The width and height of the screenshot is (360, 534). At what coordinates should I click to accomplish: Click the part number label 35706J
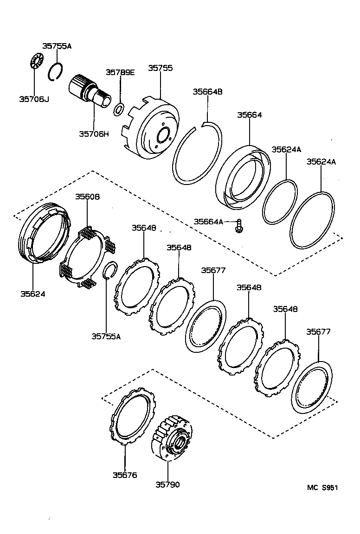(x=33, y=98)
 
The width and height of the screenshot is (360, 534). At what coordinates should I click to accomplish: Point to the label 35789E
(x=120, y=72)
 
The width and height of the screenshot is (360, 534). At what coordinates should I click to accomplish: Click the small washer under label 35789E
(x=119, y=109)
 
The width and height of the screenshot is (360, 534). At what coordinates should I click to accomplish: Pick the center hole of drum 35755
(x=163, y=136)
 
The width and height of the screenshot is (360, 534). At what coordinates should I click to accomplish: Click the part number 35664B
(x=208, y=92)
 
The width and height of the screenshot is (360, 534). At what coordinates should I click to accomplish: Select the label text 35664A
(x=208, y=222)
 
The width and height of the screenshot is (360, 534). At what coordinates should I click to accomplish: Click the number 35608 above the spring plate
(x=88, y=197)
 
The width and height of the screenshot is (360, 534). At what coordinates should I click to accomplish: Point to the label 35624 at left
(x=33, y=293)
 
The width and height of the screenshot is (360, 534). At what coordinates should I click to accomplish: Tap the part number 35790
(x=167, y=484)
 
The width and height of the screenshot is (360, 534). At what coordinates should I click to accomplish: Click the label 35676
(x=125, y=475)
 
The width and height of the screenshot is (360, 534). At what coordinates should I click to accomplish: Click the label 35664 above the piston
(x=250, y=114)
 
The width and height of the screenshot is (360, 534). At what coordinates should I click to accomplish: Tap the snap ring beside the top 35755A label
(x=56, y=72)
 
